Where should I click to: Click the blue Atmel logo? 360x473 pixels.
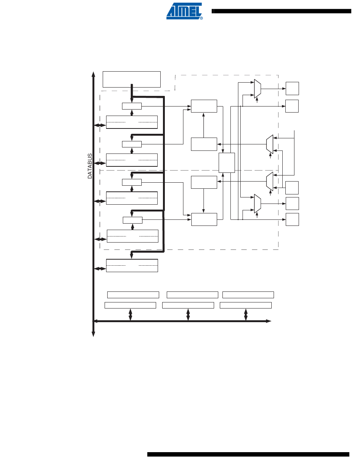184,11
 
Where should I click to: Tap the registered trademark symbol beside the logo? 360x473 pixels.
201,18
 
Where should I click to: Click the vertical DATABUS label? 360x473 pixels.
90,166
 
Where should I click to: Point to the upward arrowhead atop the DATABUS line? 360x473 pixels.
93,74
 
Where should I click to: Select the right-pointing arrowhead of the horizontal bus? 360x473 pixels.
268,321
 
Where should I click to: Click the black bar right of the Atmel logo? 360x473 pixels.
281,11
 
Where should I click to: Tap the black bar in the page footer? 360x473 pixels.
248,454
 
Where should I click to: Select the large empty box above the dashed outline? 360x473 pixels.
131,79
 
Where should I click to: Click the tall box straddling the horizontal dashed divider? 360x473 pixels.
227,163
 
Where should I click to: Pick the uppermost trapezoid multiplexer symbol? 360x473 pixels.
257,89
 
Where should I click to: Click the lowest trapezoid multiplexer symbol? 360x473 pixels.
257,204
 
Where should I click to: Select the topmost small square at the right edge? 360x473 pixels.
292,88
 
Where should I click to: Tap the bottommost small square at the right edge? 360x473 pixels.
292,219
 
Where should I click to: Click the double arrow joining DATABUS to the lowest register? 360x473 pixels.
100,269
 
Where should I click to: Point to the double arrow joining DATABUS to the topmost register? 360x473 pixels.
100,125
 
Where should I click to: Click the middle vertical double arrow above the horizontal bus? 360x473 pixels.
188,315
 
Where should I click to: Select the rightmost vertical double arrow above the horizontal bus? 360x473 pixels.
246,315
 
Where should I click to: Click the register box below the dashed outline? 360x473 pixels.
132,265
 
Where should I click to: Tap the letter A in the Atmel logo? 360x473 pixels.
171,11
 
